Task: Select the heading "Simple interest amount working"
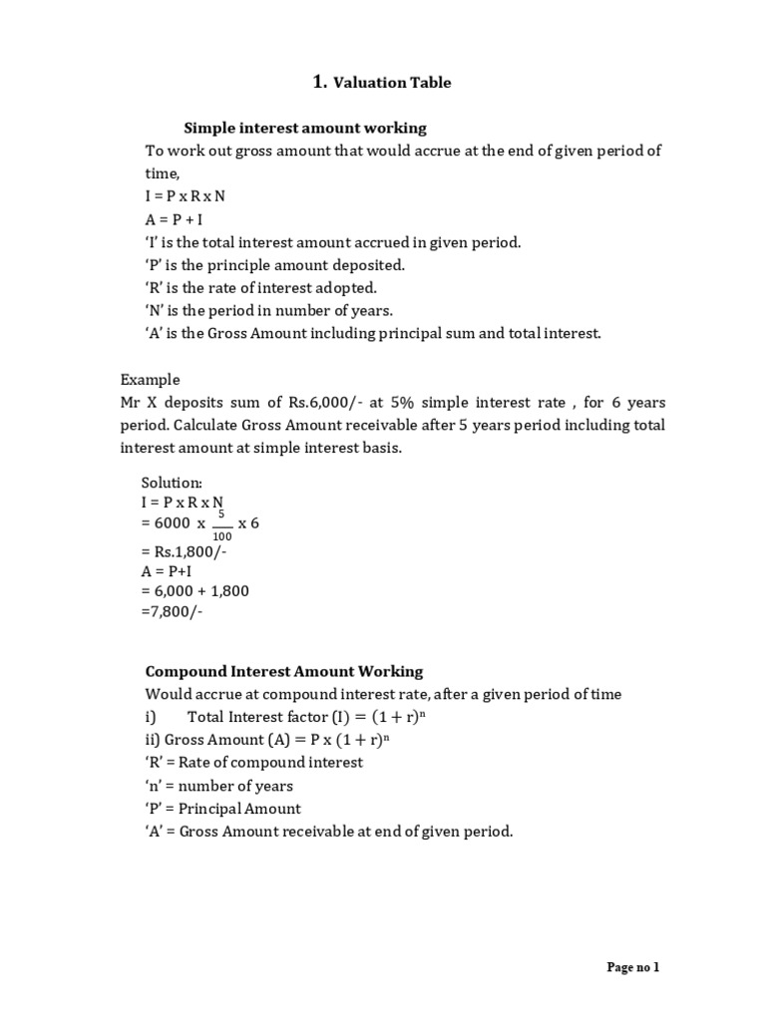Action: [x=305, y=128]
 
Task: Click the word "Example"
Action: [x=151, y=379]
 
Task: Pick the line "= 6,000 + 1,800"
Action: [x=196, y=591]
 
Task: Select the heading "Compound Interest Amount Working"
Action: [x=284, y=671]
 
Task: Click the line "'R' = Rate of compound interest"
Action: [x=254, y=762]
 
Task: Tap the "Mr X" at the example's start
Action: [x=138, y=402]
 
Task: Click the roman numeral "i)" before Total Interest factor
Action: [x=152, y=716]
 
